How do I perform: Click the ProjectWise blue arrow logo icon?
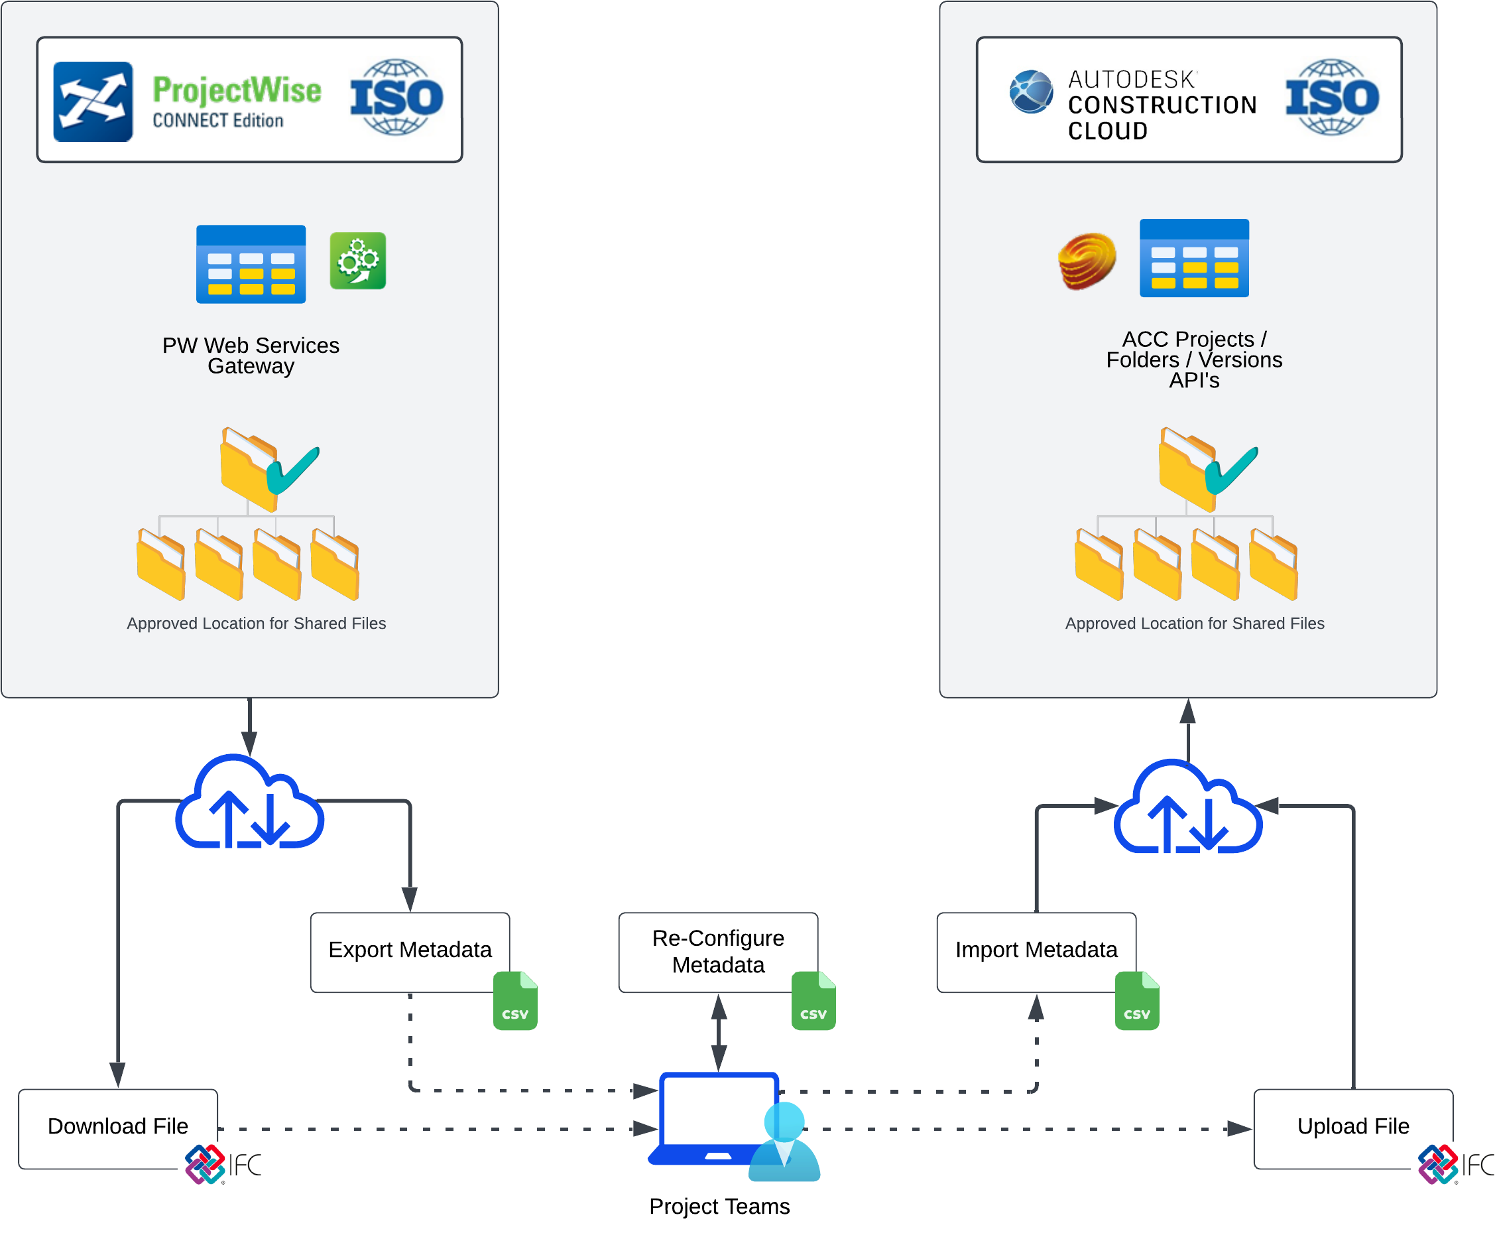tap(93, 101)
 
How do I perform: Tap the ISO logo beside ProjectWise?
tap(396, 97)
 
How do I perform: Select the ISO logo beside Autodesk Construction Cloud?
tap(1332, 97)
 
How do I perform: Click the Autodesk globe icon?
tap(1031, 92)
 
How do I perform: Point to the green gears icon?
tap(357, 261)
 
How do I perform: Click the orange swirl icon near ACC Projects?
tap(1087, 261)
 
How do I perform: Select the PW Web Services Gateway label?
tap(251, 356)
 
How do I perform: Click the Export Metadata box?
tap(410, 950)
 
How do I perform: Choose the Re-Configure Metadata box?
tap(718, 951)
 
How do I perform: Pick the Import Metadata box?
tap(1036, 950)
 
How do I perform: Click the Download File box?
tap(118, 1126)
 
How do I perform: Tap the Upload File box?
tap(1352, 1126)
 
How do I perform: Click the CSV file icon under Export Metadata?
tap(515, 1005)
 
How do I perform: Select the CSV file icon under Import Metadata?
tap(1136, 1005)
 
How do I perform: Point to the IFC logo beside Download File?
tap(223, 1165)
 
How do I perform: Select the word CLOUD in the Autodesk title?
tap(1107, 131)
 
